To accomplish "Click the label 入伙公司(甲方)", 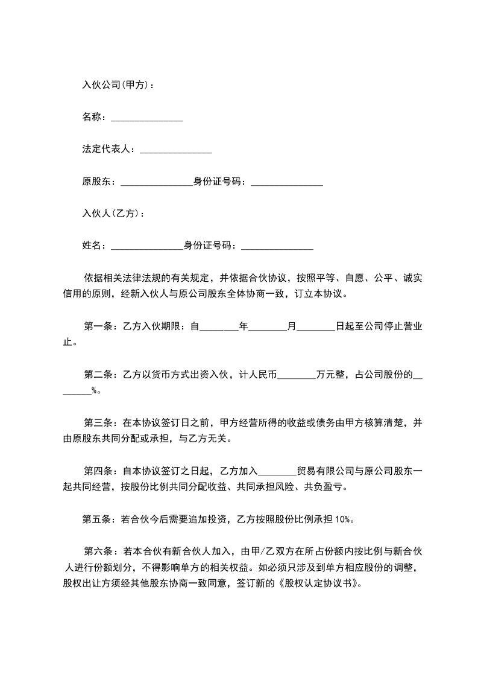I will tap(118, 84).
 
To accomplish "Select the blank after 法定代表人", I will tap(175, 150).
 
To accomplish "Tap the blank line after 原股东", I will tap(156, 182).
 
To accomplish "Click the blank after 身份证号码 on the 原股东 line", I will tap(287, 182).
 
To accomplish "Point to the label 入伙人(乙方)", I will tap(113, 213).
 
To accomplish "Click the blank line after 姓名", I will tap(146, 246).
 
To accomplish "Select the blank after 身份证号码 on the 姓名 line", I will tap(277, 246).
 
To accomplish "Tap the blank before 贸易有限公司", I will tap(277, 472).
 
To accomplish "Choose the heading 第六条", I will tap(98, 551).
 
